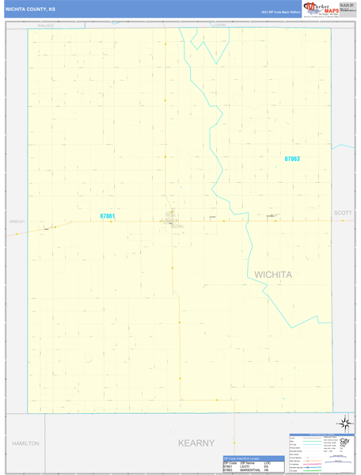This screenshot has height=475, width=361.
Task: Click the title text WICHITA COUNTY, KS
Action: pos(30,9)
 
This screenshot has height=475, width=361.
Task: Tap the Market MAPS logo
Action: pos(321,9)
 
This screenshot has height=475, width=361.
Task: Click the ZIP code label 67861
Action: pos(108,216)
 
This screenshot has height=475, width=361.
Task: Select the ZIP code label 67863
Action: pos(292,159)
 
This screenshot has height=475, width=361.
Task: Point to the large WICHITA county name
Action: pos(273,275)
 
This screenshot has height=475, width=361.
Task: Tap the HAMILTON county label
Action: pos(25,444)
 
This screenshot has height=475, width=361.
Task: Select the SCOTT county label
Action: pos(342,213)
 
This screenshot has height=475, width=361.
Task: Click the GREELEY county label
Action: pos(17,221)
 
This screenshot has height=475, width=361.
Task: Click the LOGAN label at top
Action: pos(219,25)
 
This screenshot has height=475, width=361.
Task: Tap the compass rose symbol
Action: pos(344,424)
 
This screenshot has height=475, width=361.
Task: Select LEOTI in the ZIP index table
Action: pos(245,466)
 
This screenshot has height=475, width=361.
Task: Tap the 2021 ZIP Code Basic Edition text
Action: pos(281,12)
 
